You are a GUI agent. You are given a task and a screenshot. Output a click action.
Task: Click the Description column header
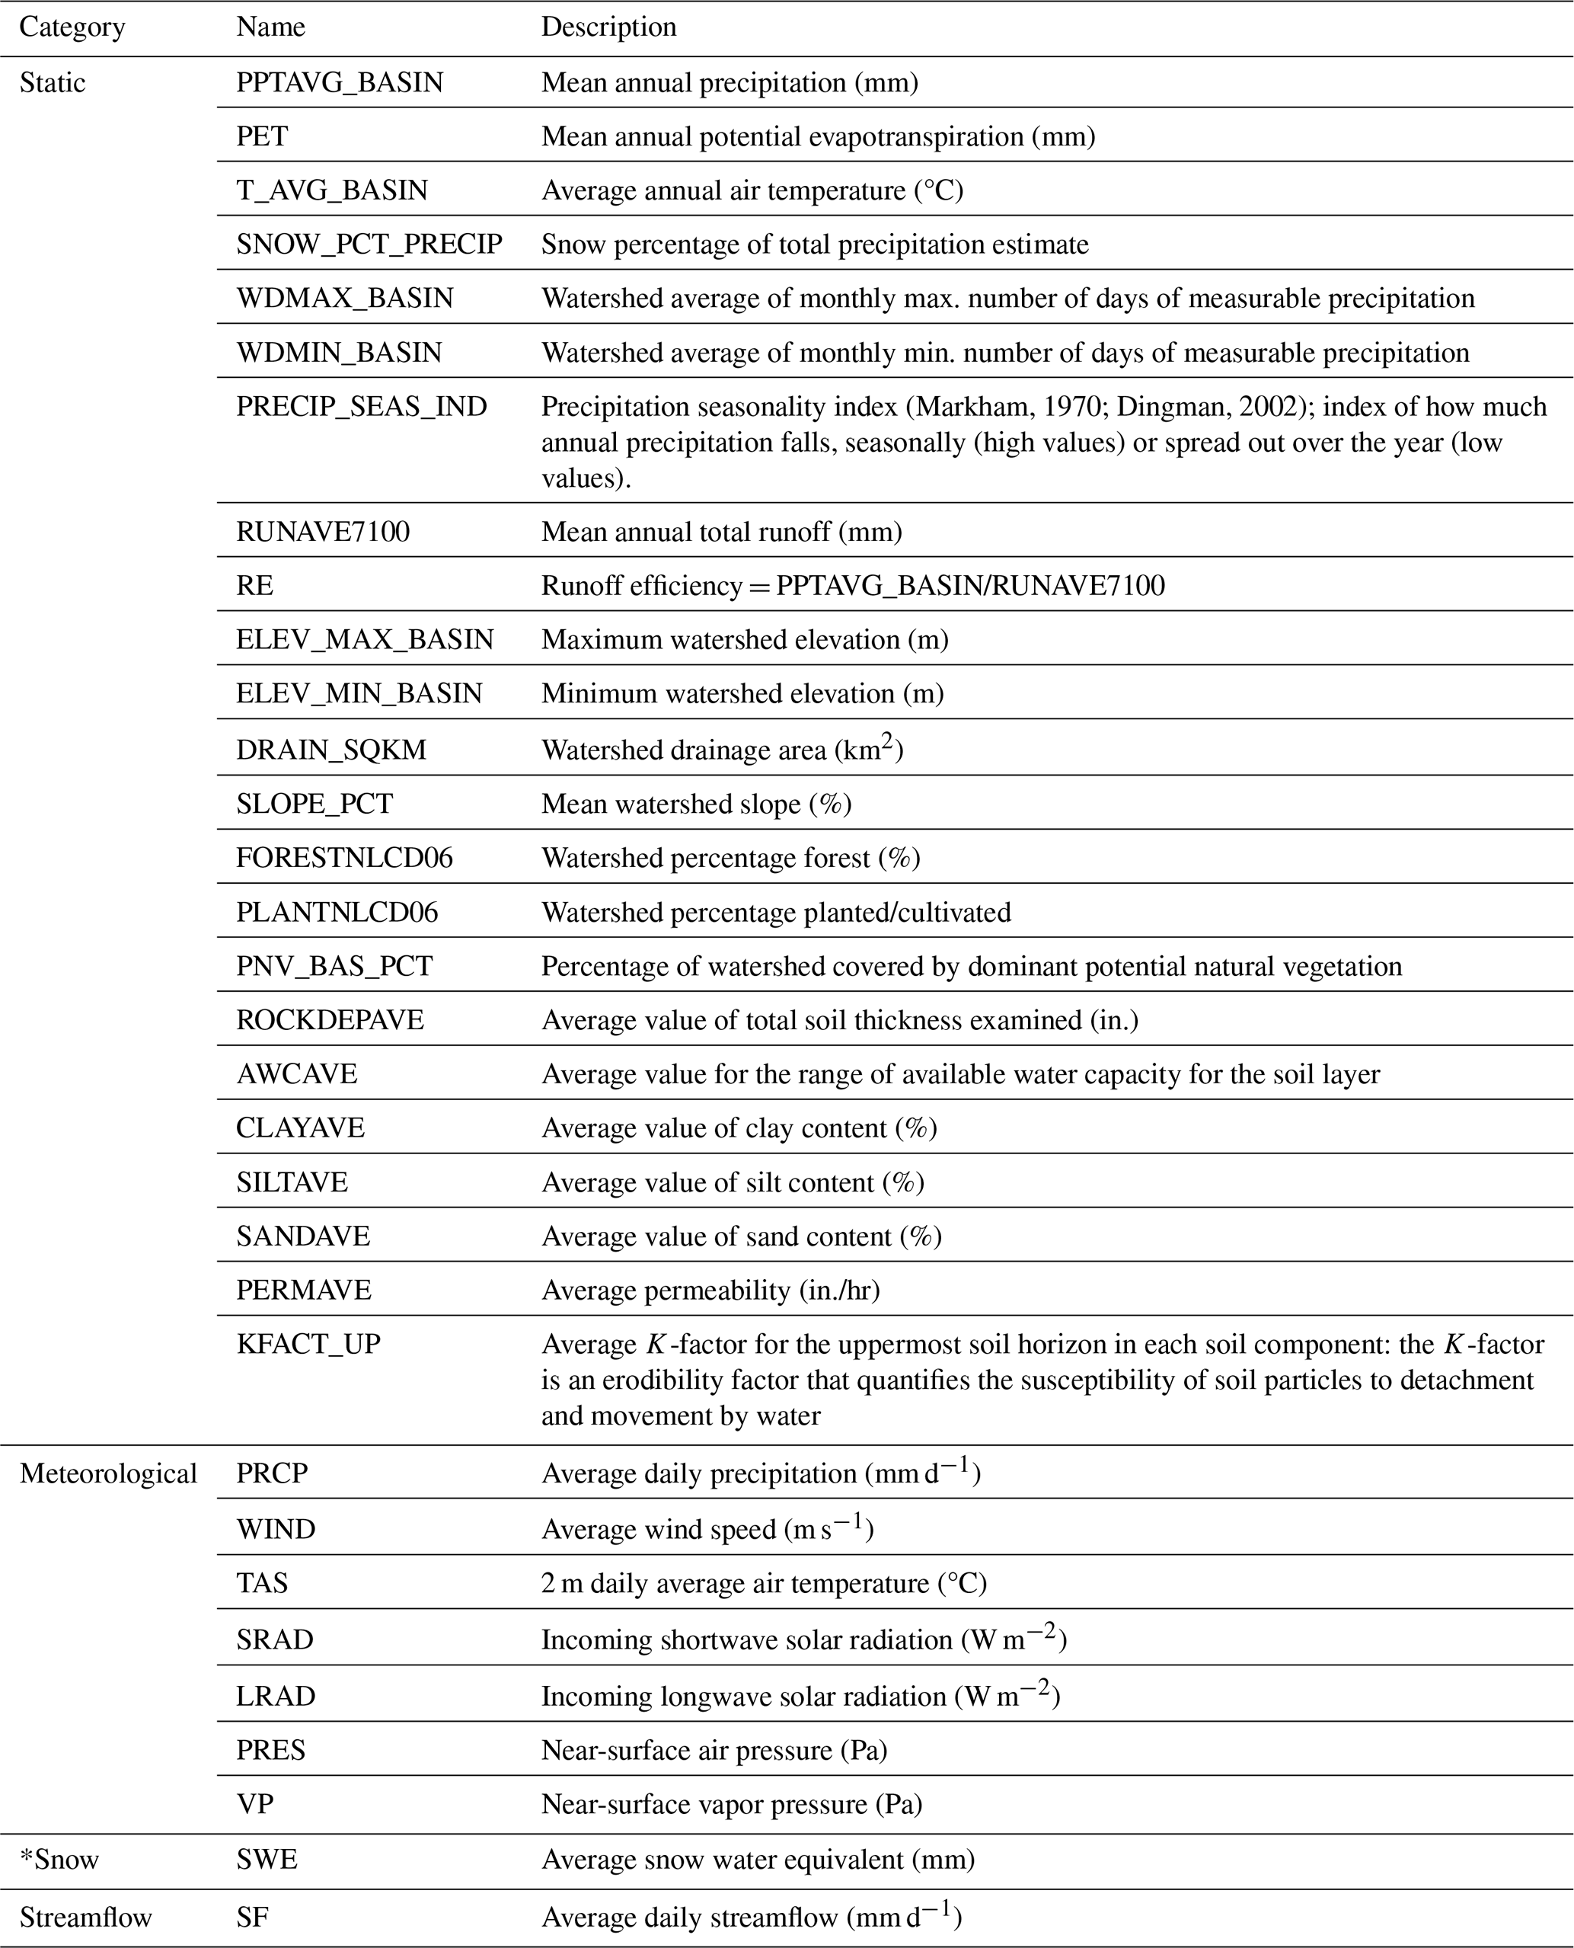pyautogui.click(x=608, y=27)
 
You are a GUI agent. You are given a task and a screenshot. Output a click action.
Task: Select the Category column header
pyautogui.click(x=72, y=27)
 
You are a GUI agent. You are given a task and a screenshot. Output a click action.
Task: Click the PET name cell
pyautogui.click(x=262, y=136)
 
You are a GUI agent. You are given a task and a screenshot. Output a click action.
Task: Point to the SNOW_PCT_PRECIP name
pyautogui.click(x=369, y=244)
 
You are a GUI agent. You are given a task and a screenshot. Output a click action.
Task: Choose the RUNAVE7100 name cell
pyautogui.click(x=323, y=532)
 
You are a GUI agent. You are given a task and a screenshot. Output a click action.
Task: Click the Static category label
pyautogui.click(x=53, y=82)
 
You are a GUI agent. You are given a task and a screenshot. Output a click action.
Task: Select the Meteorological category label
pyautogui.click(x=108, y=1473)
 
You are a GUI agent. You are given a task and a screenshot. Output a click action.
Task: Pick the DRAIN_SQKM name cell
pyautogui.click(x=331, y=750)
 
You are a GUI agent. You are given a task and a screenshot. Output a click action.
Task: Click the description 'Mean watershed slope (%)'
pyautogui.click(x=696, y=804)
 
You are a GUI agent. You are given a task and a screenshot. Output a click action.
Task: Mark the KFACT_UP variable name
pyautogui.click(x=308, y=1343)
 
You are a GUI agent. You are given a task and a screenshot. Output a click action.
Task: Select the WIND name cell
pyautogui.click(x=276, y=1529)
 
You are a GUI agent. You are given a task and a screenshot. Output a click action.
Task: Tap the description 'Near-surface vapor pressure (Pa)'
pyautogui.click(x=732, y=1805)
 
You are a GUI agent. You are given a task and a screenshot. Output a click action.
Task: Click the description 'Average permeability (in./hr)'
pyautogui.click(x=710, y=1290)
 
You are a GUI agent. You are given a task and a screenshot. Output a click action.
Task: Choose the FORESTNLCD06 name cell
pyautogui.click(x=344, y=858)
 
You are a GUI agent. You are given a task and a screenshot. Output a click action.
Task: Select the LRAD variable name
pyautogui.click(x=276, y=1696)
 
